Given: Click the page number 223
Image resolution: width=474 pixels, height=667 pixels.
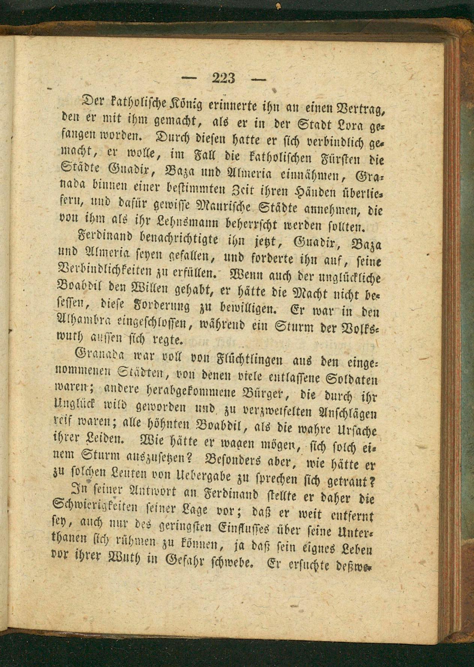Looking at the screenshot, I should (x=224, y=78).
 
